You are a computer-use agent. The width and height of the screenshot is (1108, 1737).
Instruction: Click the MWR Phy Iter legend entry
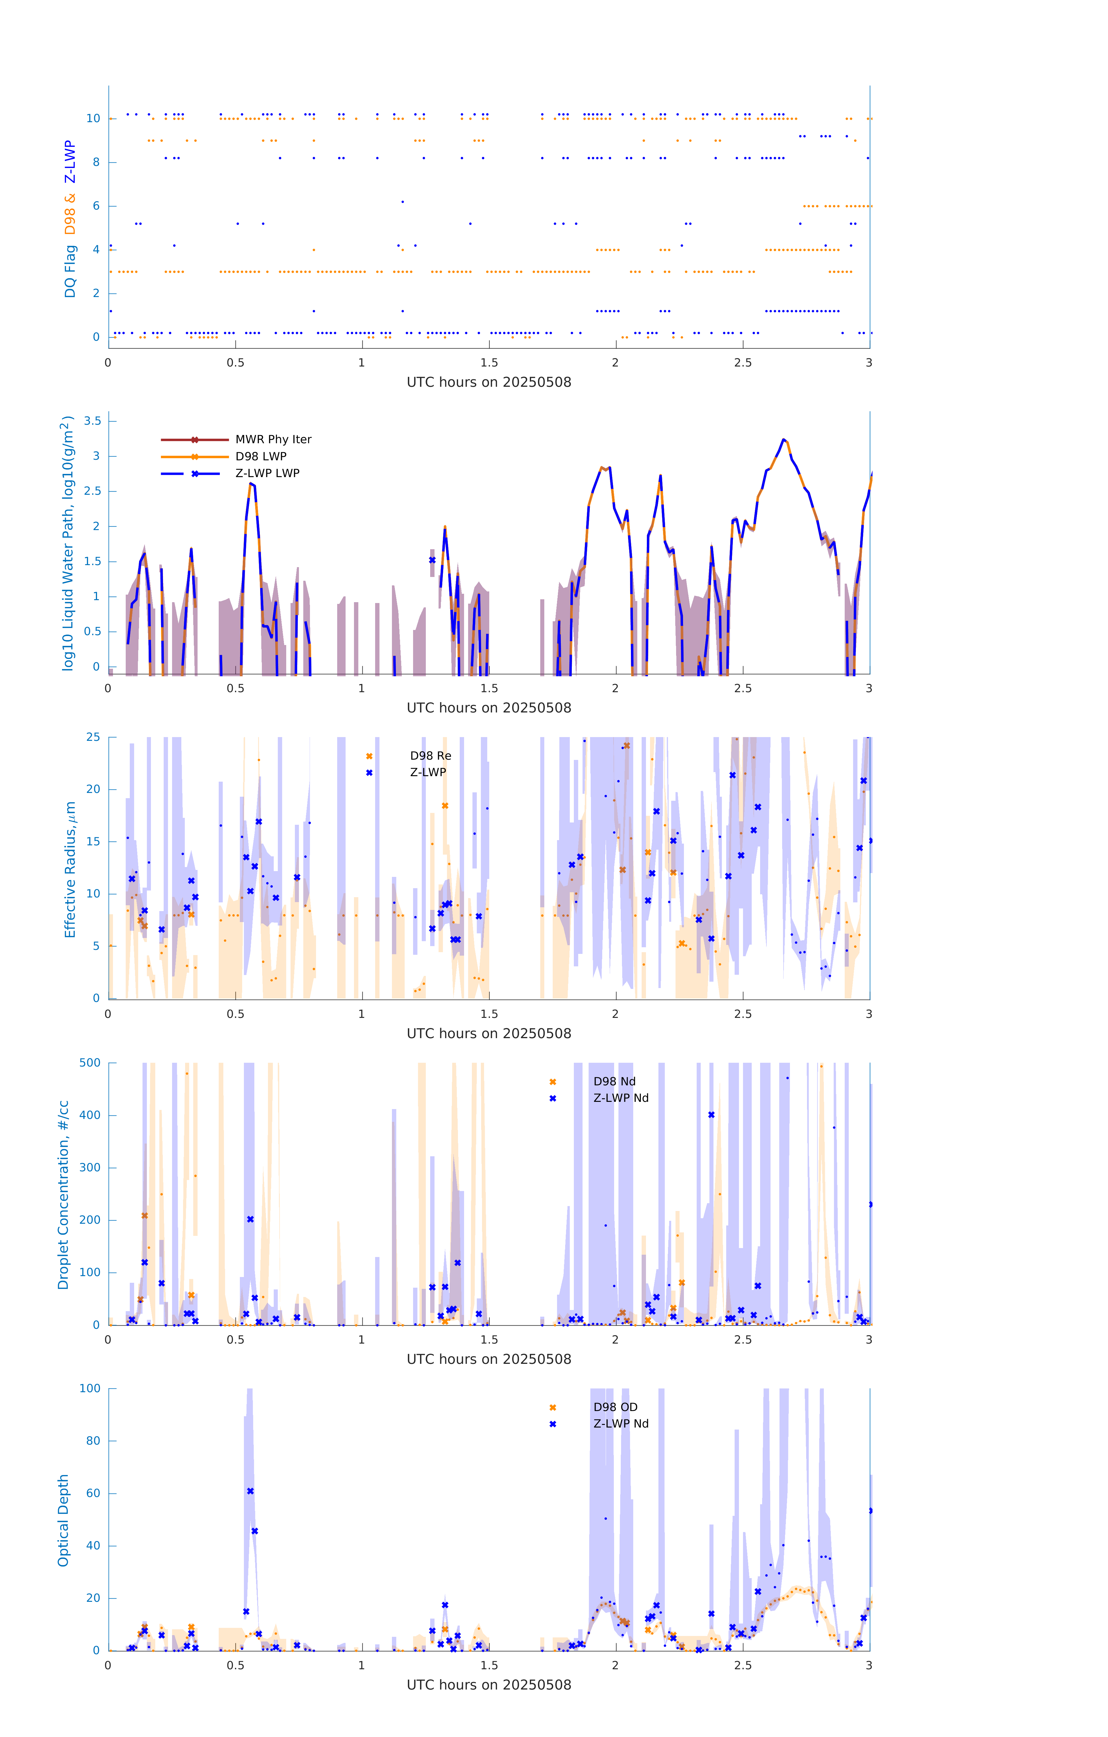click(x=273, y=439)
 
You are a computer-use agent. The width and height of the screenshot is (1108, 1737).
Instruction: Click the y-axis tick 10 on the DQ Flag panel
click(x=93, y=118)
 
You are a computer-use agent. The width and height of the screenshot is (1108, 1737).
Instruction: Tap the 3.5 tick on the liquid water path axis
click(x=92, y=421)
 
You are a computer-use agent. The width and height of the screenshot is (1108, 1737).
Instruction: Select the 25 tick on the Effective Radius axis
click(x=93, y=737)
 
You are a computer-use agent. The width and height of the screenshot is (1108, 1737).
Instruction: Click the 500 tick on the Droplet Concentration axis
click(x=90, y=1062)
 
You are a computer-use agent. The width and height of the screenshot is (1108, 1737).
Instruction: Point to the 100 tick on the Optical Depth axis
click(x=90, y=1389)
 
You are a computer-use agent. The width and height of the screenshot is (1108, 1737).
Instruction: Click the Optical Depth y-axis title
click(x=63, y=1520)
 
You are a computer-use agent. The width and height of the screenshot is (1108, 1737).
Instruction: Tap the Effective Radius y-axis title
click(x=70, y=869)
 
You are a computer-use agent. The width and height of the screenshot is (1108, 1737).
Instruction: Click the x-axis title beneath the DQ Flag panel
click(x=489, y=382)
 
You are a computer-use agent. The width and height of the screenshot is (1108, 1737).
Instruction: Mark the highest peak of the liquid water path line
click(x=783, y=439)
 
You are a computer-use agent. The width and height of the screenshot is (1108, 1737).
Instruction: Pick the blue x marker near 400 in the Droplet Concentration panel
click(x=711, y=1115)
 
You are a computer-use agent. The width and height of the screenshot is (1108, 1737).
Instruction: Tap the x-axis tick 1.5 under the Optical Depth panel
click(x=489, y=1665)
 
